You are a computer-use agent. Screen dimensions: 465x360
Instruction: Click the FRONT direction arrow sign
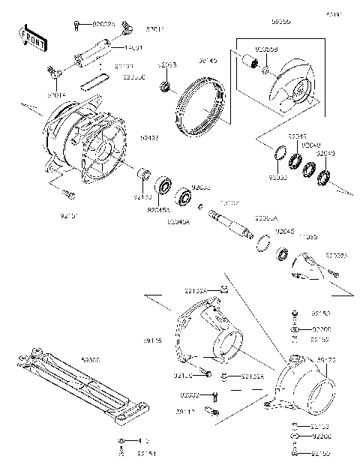[x=31, y=37]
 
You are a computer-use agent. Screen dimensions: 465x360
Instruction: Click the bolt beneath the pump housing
[x=69, y=194]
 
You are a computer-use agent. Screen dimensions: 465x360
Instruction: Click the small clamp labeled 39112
[x=214, y=409]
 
